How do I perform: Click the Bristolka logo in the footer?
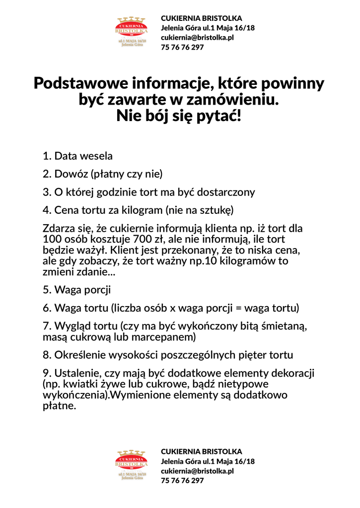point(132,465)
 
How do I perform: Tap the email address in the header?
point(197,37)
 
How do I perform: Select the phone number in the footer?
point(182,481)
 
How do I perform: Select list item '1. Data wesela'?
point(77,156)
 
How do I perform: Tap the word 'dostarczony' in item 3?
point(225,192)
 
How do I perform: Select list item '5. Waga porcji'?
point(76,290)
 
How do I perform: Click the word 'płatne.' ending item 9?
point(59,406)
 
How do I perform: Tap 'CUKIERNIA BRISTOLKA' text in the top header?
point(202,18)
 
